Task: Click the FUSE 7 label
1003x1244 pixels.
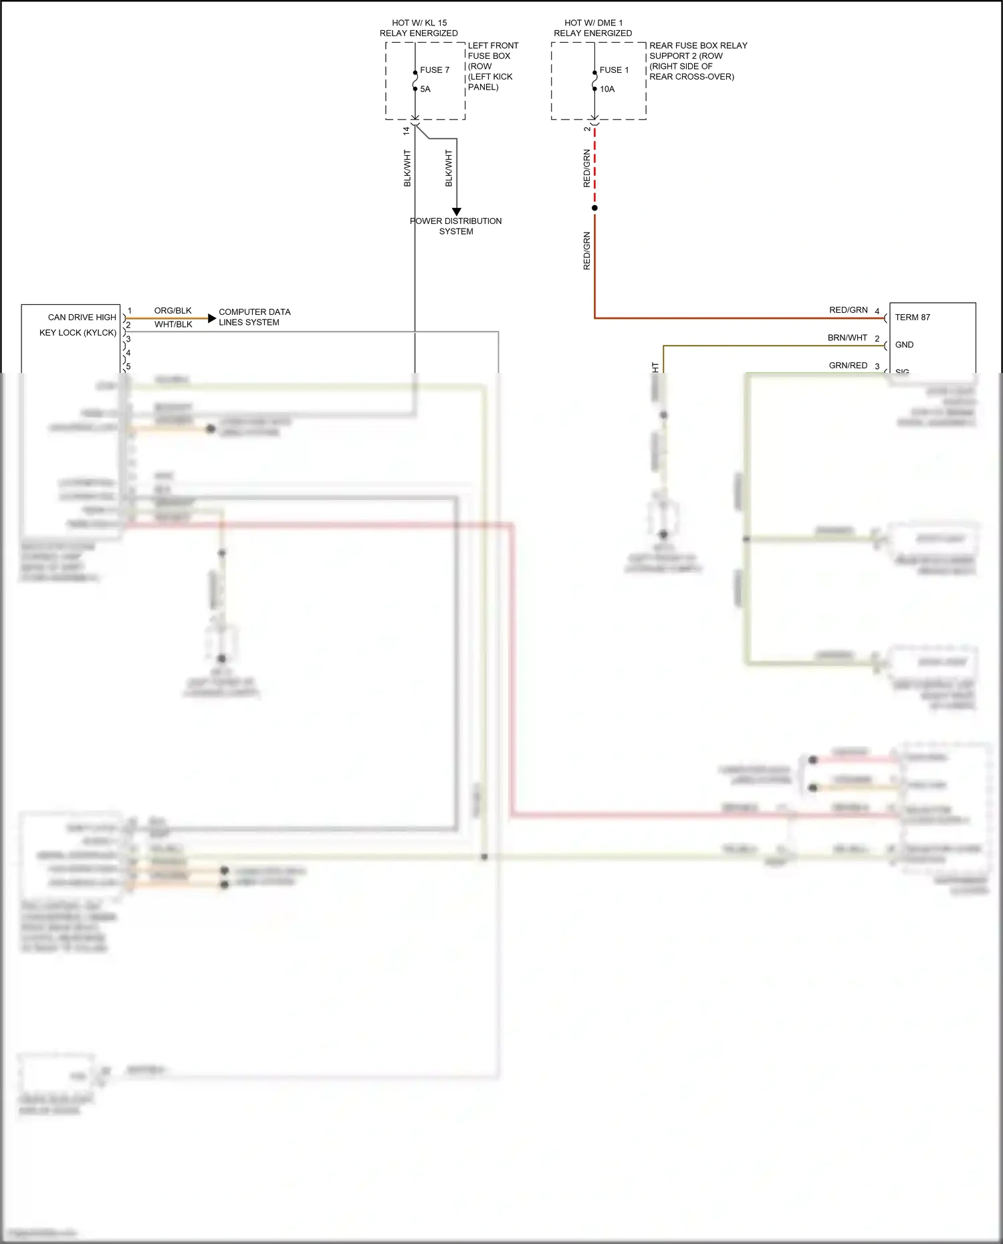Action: click(435, 70)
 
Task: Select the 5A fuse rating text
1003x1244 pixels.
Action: click(425, 89)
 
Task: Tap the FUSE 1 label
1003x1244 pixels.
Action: click(614, 70)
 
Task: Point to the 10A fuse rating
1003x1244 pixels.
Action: click(607, 89)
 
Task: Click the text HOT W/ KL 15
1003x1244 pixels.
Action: click(419, 23)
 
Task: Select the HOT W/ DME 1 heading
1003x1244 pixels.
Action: click(593, 23)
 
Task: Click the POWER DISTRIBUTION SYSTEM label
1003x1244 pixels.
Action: click(456, 226)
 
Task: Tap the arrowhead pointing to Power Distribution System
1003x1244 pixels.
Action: click(457, 212)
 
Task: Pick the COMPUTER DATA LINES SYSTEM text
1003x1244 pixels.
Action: click(254, 317)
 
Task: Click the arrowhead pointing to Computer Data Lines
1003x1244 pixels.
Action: click(213, 318)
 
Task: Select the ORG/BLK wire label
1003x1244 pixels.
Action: click(173, 311)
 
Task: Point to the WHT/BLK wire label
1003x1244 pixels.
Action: click(173, 325)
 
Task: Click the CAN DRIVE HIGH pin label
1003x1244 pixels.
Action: click(82, 318)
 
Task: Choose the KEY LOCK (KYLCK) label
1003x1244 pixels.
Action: click(78, 333)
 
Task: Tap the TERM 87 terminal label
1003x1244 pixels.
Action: click(912, 318)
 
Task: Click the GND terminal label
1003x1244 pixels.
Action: click(904, 345)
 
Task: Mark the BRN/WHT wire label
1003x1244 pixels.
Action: click(847, 338)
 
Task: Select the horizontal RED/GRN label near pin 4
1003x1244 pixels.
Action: click(848, 310)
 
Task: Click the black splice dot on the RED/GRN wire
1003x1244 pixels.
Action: click(594, 208)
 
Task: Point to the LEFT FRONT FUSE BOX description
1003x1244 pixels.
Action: click(492, 66)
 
